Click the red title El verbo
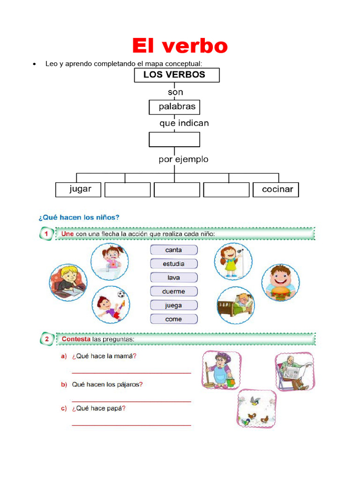tap(180, 46)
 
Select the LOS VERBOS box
tap(177, 75)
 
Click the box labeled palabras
tap(174, 107)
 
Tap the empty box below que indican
tap(174, 139)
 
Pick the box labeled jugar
tap(78, 189)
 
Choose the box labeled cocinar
tap(276, 189)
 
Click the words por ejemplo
tap(183, 159)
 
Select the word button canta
tap(174, 250)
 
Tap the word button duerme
tap(174, 291)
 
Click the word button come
tap(174, 319)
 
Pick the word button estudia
tap(174, 264)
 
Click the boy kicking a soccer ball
tap(111, 305)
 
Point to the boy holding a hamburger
tap(280, 282)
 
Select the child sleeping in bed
tap(236, 305)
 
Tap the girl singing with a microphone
tap(233, 261)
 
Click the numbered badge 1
tap(46, 233)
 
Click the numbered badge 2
tap(46, 338)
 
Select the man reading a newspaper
tap(294, 372)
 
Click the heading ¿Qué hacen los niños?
tap(79, 217)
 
